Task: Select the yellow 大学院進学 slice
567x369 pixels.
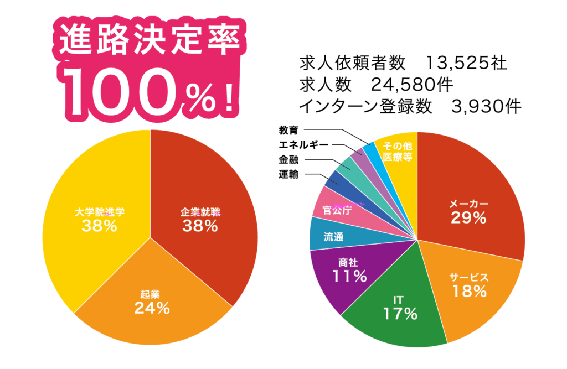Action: tap(94, 221)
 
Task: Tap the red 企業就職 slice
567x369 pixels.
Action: tap(205, 221)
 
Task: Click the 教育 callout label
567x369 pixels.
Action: tap(288, 131)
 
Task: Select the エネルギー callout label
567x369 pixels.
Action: tap(303, 145)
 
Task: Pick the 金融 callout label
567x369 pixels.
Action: tap(288, 160)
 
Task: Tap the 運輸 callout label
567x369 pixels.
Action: tap(288, 175)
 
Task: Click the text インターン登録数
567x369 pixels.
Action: tap(365, 106)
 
